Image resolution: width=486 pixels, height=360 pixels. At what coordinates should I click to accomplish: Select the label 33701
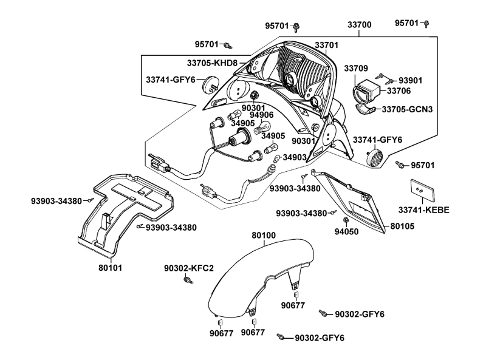pos(326,46)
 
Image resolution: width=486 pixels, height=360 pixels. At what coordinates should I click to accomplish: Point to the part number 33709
pos(357,68)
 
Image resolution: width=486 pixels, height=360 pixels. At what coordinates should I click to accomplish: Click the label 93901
pos(409,81)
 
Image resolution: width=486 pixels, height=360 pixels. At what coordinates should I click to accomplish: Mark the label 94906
pos(262,115)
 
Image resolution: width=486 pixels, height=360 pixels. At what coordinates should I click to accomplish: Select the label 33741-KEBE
pos(423,210)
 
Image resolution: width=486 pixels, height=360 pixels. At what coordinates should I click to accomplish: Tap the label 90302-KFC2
pos(189,268)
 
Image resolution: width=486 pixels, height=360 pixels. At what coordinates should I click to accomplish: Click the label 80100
pos(264,235)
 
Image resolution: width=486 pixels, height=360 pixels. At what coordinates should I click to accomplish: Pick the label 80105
pos(402,226)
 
